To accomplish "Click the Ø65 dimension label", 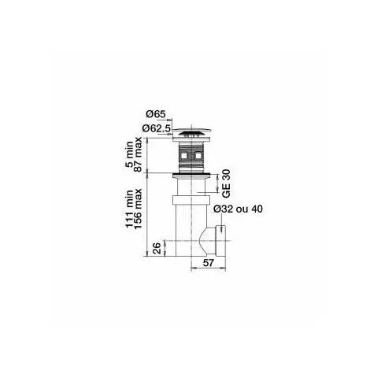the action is pyautogui.click(x=156, y=114).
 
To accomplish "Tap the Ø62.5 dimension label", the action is pyautogui.click(x=157, y=128).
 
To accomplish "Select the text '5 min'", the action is pyautogui.click(x=129, y=154).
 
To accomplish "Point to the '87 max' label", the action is pyautogui.click(x=138, y=154).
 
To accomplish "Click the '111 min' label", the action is pyautogui.click(x=129, y=209).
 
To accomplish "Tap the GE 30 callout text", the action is pyautogui.click(x=226, y=183).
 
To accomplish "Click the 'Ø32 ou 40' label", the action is pyautogui.click(x=238, y=209).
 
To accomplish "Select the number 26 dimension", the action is pyautogui.click(x=157, y=248).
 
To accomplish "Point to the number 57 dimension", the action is pyautogui.click(x=209, y=262).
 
